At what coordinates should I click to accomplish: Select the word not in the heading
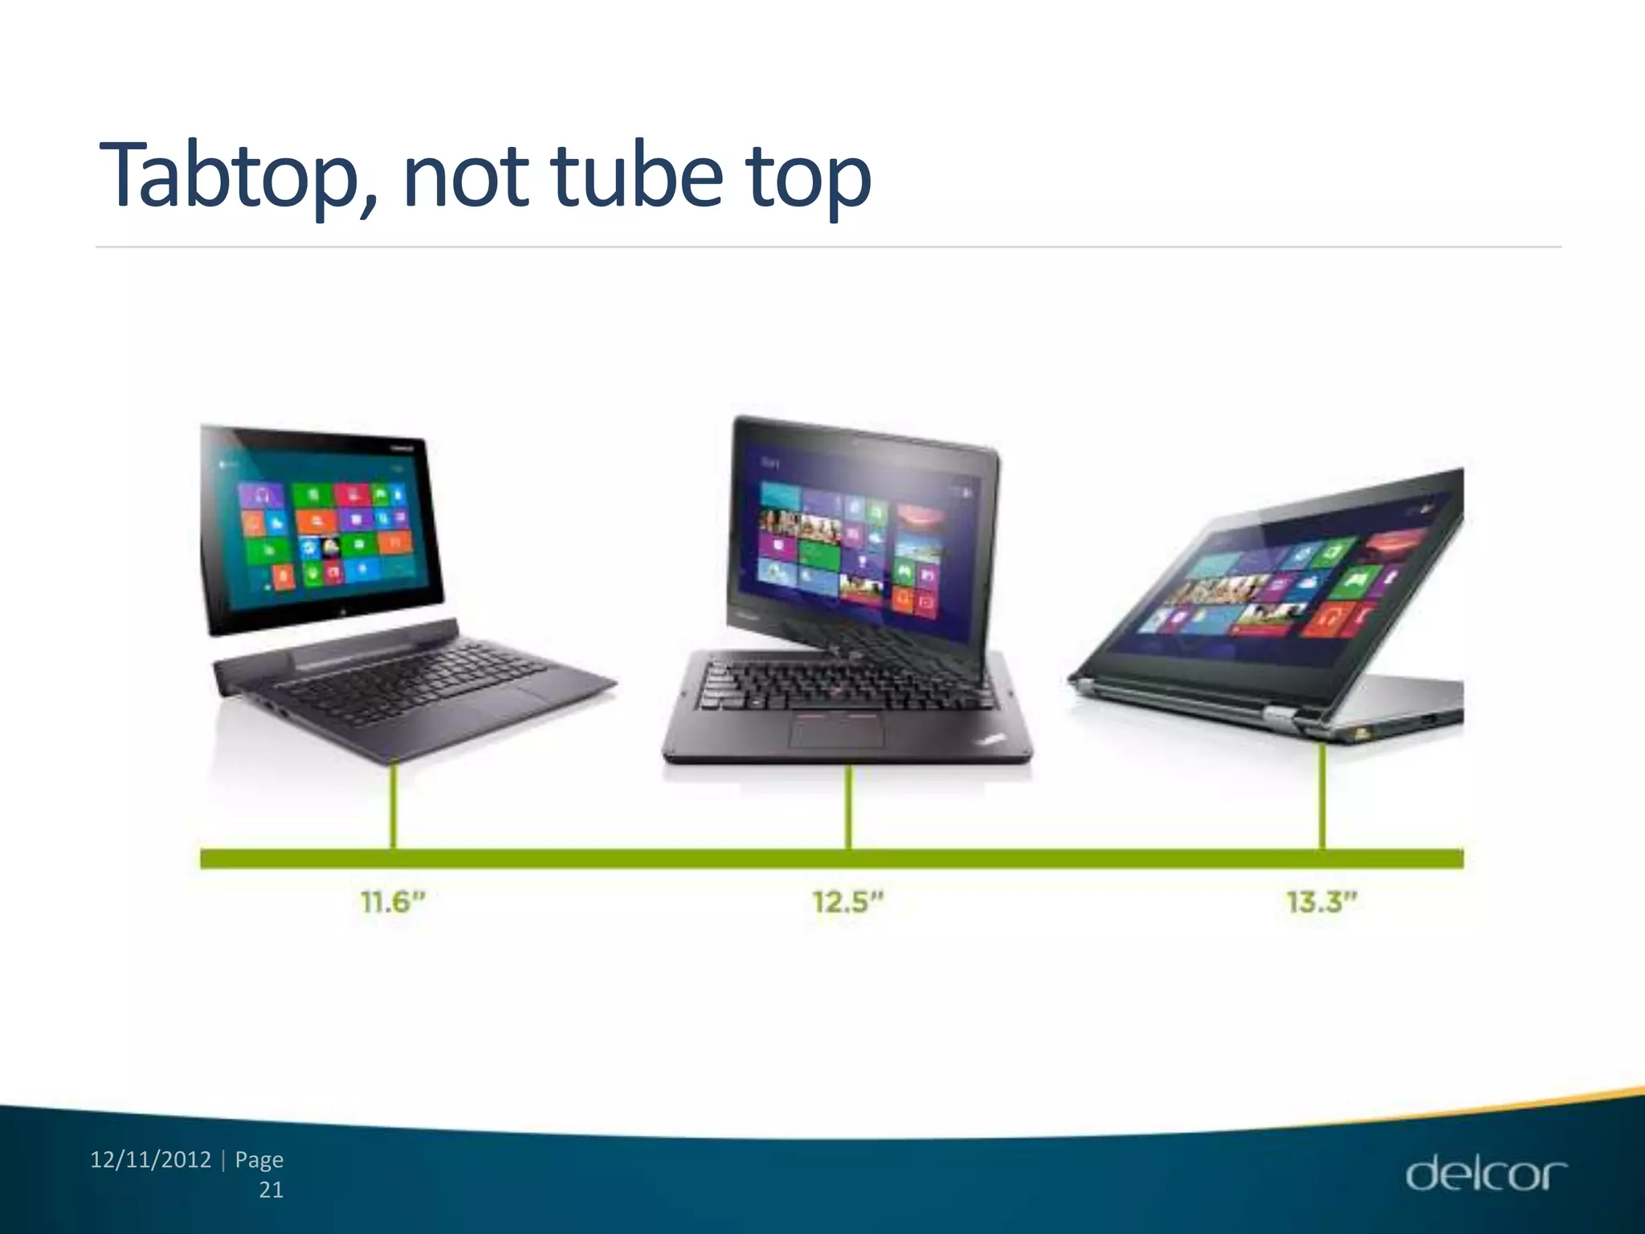pyautogui.click(x=466, y=175)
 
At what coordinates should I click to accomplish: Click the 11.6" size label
pyautogui.click(x=392, y=902)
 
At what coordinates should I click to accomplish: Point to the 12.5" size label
pyautogui.click(x=847, y=902)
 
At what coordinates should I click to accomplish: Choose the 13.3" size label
pyautogui.click(x=1321, y=902)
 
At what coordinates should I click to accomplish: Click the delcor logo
pyautogui.click(x=1485, y=1174)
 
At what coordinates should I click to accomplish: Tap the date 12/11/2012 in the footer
pyautogui.click(x=151, y=1160)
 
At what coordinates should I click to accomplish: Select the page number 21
pyautogui.click(x=271, y=1190)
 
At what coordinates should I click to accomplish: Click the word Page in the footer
pyautogui.click(x=259, y=1160)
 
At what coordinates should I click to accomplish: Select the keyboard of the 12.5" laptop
pyautogui.click(x=843, y=683)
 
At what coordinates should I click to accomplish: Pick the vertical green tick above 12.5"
pyautogui.click(x=848, y=807)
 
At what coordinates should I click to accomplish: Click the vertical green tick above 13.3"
pyautogui.click(x=1322, y=795)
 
